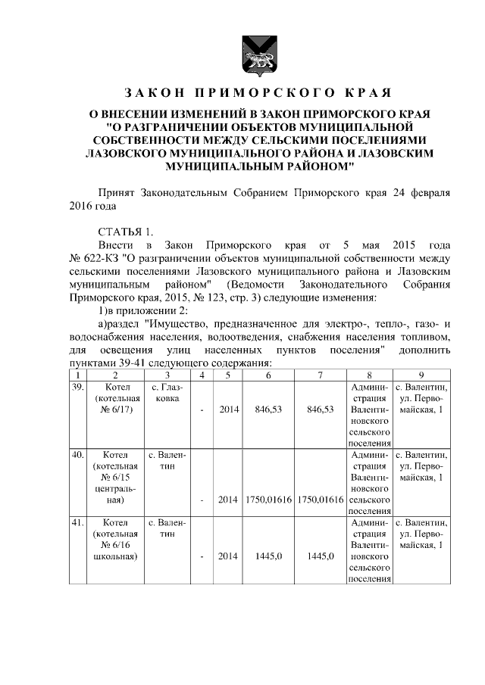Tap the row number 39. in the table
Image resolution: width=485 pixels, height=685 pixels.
77,387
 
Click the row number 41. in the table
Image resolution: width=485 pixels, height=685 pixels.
77,523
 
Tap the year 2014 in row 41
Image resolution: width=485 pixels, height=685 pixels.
229,557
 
